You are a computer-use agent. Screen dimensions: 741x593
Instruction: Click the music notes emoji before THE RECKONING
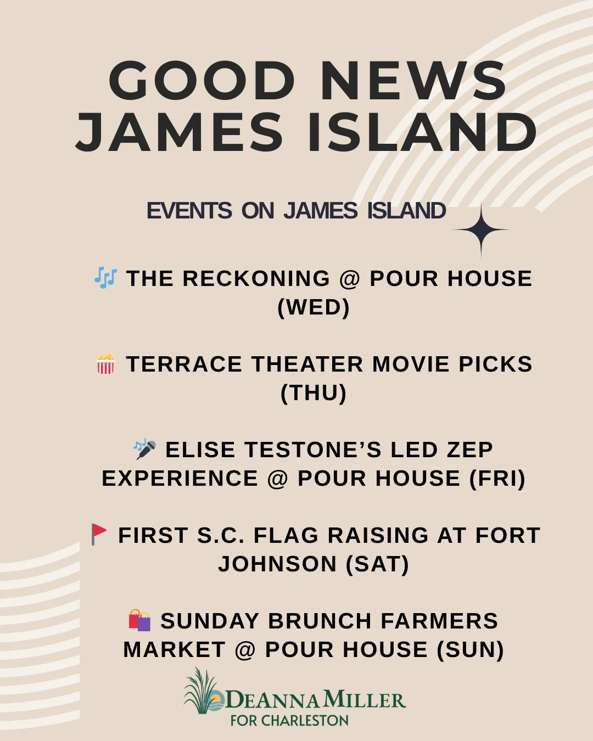click(x=105, y=278)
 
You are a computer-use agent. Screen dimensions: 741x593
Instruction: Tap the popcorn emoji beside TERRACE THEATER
click(x=105, y=364)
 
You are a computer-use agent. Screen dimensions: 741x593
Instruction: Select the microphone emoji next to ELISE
click(x=145, y=449)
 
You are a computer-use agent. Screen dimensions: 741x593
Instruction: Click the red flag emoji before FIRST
click(x=99, y=534)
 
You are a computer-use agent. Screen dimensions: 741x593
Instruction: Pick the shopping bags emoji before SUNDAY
click(x=139, y=620)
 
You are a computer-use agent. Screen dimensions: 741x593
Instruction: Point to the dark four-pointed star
click(x=481, y=231)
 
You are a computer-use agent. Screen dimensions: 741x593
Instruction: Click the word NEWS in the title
click(x=413, y=81)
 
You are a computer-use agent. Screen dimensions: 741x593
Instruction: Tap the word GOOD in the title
click(x=202, y=81)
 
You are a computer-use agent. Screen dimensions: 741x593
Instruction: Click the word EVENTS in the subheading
click(x=189, y=211)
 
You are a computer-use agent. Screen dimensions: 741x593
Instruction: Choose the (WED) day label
click(x=314, y=307)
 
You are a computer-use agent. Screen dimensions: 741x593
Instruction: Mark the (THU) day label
click(x=314, y=393)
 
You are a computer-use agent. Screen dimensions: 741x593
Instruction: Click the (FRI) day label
click(x=497, y=478)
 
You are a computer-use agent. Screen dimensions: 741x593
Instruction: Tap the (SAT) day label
click(x=378, y=564)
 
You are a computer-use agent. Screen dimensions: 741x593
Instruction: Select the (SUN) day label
click(x=471, y=650)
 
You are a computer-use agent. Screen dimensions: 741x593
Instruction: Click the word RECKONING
click(x=256, y=279)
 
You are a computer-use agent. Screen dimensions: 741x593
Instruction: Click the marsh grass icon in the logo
click(x=201, y=692)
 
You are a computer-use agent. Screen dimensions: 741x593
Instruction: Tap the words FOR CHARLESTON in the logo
click(x=289, y=720)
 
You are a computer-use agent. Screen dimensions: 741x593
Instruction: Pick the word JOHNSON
click(x=277, y=564)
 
